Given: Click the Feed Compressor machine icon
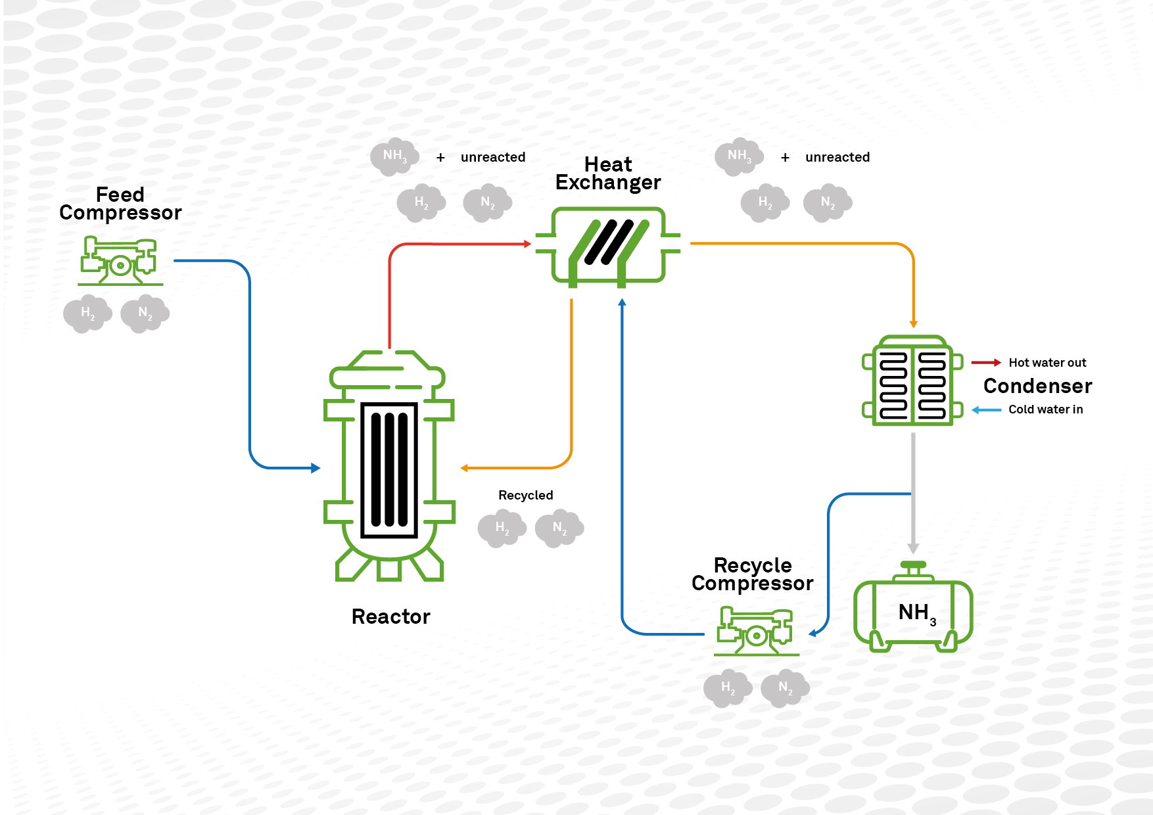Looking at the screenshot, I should tap(120, 261).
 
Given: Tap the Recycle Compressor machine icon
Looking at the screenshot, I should tap(756, 632).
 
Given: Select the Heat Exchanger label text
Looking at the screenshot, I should tap(608, 174).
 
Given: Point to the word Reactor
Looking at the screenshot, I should tap(390, 617).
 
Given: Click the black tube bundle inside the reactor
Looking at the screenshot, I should tap(389, 469).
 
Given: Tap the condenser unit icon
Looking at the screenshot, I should tap(912, 381).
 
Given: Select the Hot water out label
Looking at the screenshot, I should tap(1047, 363).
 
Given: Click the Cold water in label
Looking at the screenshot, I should tap(1045, 409).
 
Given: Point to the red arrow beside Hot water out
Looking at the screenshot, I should tap(986, 362).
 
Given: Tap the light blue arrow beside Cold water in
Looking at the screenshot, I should tap(986, 409).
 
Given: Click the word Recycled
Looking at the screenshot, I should tap(525, 495).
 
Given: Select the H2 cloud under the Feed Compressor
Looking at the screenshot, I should tap(87, 314).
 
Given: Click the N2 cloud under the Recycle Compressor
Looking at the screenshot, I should tap(785, 688).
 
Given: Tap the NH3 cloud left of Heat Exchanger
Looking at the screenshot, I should tap(394, 156).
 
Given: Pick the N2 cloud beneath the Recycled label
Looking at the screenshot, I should tap(559, 528).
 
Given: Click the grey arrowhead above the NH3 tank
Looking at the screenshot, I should tap(913, 548).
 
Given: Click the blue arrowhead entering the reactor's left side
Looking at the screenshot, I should tap(316, 468).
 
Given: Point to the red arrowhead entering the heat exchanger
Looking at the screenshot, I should tap(527, 244).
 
